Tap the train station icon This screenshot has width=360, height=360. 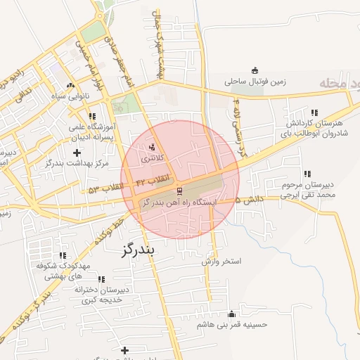click(x=179, y=191)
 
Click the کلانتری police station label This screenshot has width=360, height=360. click(x=151, y=159)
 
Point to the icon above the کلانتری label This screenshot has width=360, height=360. click(x=152, y=147)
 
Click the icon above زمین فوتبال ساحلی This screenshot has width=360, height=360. click(x=255, y=70)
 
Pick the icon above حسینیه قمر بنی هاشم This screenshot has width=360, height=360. click(x=232, y=314)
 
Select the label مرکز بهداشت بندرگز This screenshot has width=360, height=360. click(x=76, y=163)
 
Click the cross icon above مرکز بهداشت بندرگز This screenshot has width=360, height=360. click(x=77, y=152)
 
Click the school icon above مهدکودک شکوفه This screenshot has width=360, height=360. click(x=63, y=256)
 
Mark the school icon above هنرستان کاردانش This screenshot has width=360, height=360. click(x=314, y=112)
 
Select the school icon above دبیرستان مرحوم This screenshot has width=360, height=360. click(x=307, y=174)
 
